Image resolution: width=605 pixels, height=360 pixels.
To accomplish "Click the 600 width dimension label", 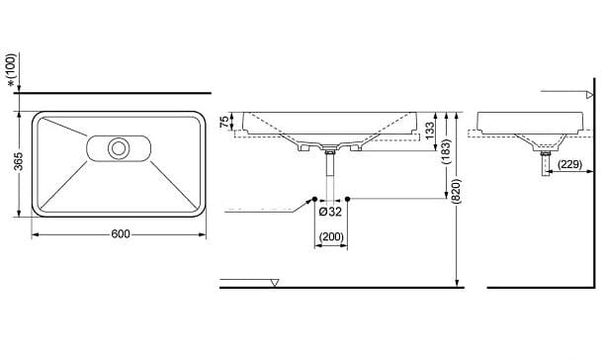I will coord(120,234).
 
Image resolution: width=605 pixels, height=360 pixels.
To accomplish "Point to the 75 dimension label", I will coord(224,121).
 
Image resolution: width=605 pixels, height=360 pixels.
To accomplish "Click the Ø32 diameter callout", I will coord(330,211).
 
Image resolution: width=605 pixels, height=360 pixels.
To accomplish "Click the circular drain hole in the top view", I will coord(120,148).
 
